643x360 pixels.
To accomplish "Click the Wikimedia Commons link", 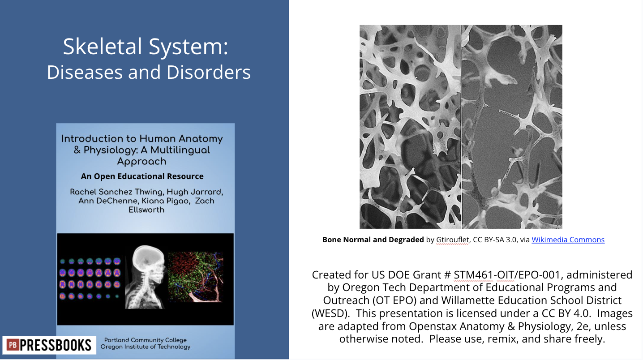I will tap(568, 240).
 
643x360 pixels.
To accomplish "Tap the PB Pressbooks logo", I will tap(49, 345).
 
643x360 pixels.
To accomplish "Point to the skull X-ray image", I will tap(144, 278).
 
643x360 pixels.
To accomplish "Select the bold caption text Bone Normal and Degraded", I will tap(373, 240).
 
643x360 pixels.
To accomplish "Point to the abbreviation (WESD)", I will tap(331, 313).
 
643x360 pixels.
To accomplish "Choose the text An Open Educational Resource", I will tap(142, 176).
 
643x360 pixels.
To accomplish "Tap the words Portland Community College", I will tap(146, 340).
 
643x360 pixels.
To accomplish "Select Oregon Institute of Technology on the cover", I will tap(146, 347).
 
